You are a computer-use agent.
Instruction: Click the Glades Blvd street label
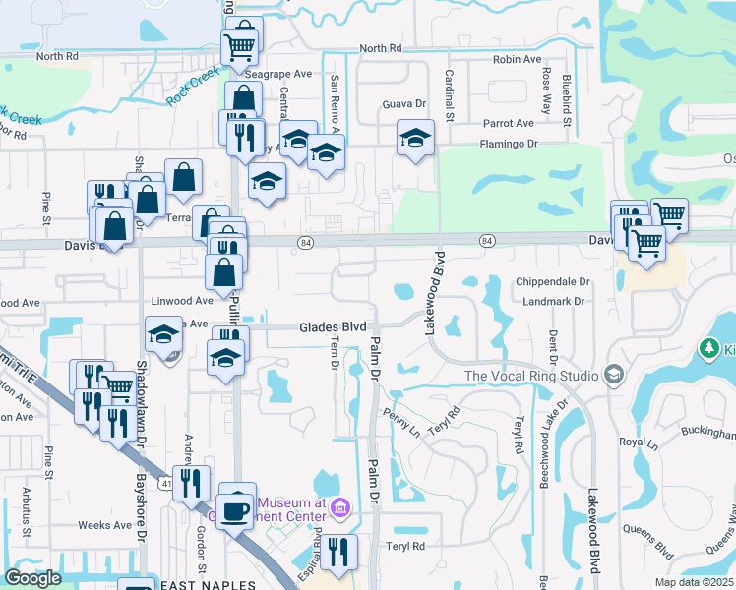pyautogui.click(x=334, y=327)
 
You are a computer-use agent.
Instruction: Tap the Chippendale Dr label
pyautogui.click(x=551, y=281)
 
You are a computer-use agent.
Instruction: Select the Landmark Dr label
pyautogui.click(x=555, y=303)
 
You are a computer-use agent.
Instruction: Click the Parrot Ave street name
pyautogui.click(x=508, y=123)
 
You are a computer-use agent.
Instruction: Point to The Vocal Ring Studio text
pyautogui.click(x=531, y=376)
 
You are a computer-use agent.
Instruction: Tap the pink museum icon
pyautogui.click(x=340, y=507)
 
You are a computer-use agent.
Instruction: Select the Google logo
pyautogui.click(x=32, y=578)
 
